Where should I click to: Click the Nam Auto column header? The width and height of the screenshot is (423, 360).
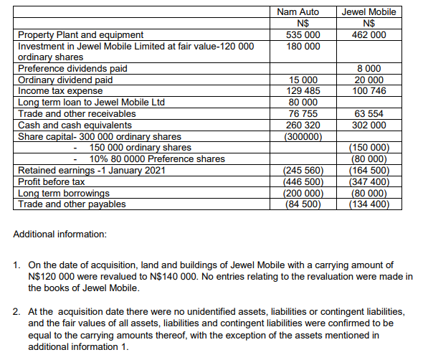pos(297,12)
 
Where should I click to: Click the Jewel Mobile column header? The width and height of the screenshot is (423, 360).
pos(369,12)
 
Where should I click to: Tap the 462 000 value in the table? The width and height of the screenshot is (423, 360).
pos(370,34)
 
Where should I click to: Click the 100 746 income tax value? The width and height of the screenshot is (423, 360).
pos(370,91)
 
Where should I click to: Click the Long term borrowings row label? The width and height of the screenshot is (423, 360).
pos(64,193)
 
